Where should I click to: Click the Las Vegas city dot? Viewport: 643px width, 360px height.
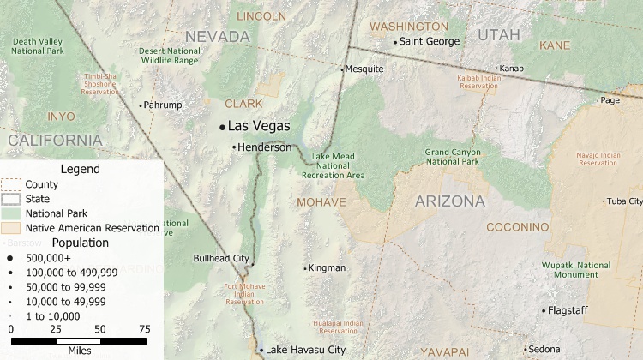pyautogui.click(x=222, y=127)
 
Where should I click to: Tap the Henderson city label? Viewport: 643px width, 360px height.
pyautogui.click(x=265, y=147)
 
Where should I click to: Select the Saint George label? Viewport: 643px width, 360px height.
pyautogui.click(x=430, y=41)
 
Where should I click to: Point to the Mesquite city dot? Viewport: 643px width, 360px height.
pyautogui.click(x=342, y=69)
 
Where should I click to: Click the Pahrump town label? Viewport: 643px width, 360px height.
pyautogui.click(x=165, y=105)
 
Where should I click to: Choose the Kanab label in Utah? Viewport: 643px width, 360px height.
pyautogui.click(x=512, y=69)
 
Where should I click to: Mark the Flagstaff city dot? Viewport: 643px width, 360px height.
pyautogui.click(x=543, y=310)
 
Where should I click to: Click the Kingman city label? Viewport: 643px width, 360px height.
pyautogui.click(x=327, y=268)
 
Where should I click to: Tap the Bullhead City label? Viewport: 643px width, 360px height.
pyautogui.click(x=222, y=258)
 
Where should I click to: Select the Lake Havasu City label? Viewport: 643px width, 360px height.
pyautogui.click(x=305, y=350)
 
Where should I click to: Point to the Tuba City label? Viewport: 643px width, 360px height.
pyautogui.click(x=624, y=201)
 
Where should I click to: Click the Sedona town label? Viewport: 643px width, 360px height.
pyautogui.click(x=544, y=350)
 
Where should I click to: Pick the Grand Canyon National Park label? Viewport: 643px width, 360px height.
pyautogui.click(x=453, y=157)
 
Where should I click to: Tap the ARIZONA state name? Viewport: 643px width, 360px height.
pyautogui.click(x=450, y=202)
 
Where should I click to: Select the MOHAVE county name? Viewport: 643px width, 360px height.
pyautogui.click(x=321, y=202)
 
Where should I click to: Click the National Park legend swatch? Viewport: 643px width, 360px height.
pyautogui.click(x=11, y=213)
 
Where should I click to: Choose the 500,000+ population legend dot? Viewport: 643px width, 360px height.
pyautogui.click(x=11, y=257)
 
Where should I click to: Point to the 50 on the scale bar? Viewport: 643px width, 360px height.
pyautogui.click(x=100, y=329)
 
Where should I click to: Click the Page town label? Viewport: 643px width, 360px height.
pyautogui.click(x=610, y=100)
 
